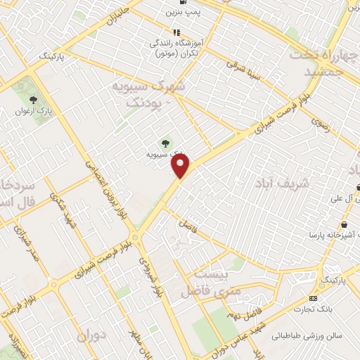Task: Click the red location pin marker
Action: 181,166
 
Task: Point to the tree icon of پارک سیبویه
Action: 166,144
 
